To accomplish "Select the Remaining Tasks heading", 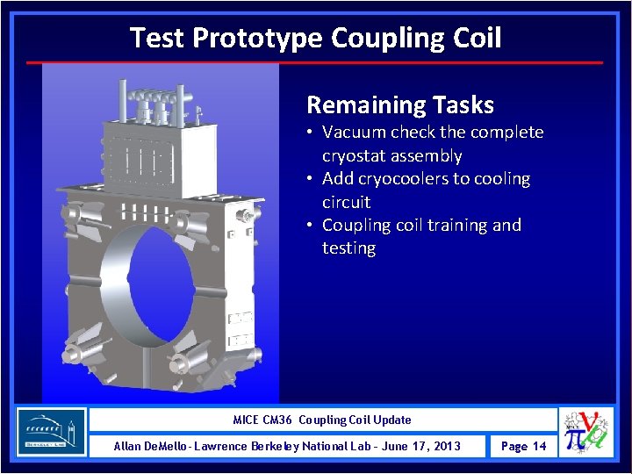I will coord(399,105).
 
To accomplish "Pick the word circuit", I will coord(346,202).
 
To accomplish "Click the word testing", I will coord(348,248).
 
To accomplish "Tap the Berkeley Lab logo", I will coord(52,432).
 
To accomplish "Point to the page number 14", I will coord(538,446).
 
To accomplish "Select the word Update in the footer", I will coord(392,420).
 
